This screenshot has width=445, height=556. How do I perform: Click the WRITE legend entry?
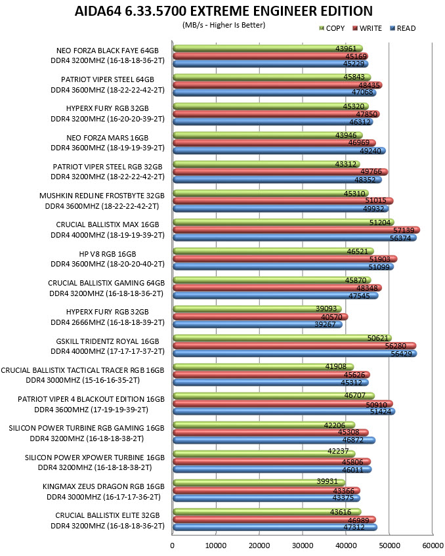tap(367, 28)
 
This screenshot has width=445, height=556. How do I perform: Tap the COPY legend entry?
tap(332, 28)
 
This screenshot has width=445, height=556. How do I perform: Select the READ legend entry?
tap(403, 28)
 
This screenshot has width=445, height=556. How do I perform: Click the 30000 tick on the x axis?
tap(303, 545)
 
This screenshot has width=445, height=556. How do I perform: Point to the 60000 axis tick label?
tap(433, 545)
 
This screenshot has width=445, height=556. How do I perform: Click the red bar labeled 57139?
tap(297, 230)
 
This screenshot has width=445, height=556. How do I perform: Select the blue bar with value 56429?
tap(295, 354)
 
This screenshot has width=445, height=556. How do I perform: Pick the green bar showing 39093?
tap(257, 309)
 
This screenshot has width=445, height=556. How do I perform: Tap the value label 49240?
tap(370, 151)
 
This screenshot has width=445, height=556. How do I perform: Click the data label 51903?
tap(380, 259)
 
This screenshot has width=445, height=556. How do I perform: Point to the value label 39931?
tap(328, 481)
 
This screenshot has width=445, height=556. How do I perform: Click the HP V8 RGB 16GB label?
tap(108, 254)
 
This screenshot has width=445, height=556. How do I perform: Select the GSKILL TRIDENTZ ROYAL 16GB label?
tap(108, 341)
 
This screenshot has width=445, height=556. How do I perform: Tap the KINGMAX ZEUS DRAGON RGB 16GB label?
tap(104, 486)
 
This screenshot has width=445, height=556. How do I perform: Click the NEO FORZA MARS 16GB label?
tap(108, 138)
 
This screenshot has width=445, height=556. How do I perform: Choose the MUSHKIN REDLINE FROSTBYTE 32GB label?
tap(102, 196)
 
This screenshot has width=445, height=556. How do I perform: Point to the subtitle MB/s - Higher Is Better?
tap(224, 25)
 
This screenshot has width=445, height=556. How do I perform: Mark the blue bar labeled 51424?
tap(284, 412)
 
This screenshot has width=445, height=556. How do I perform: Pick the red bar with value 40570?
tap(261, 316)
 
